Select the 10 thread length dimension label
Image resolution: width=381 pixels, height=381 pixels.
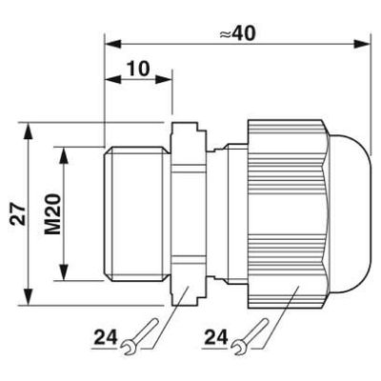[138, 69]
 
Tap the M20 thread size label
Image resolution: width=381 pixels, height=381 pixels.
[52, 214]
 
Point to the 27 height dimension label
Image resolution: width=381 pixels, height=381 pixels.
[17, 214]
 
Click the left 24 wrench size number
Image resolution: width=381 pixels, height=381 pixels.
[106, 337]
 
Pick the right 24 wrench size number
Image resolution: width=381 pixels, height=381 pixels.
[216, 337]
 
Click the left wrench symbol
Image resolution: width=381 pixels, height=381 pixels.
[140, 336]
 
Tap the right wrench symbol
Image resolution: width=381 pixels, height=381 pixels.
[251, 336]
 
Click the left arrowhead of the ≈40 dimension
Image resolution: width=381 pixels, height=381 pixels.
[113, 44]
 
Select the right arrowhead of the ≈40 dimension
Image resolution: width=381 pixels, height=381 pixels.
[362, 44]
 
